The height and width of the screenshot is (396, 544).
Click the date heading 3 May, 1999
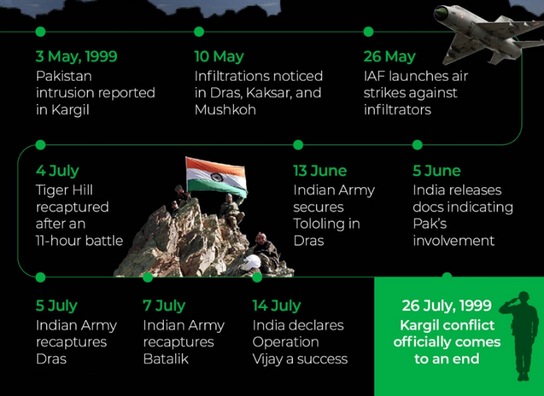77,56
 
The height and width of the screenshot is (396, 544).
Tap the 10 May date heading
220,56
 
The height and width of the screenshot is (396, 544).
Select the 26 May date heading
389,56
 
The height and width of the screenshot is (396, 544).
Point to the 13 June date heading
320,171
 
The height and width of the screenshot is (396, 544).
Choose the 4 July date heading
57,171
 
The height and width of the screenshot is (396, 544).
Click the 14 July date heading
277,306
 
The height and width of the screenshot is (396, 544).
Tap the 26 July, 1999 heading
446,305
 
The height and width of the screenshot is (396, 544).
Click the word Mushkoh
225,110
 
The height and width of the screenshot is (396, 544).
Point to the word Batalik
166,359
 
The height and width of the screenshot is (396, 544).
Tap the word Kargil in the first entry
70,110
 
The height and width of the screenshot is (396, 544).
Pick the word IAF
374,76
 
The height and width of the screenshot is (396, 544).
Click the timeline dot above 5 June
417,145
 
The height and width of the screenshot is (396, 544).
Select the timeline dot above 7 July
148,277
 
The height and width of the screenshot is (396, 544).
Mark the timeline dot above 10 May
198,32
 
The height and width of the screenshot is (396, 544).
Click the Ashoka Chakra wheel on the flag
217,177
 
